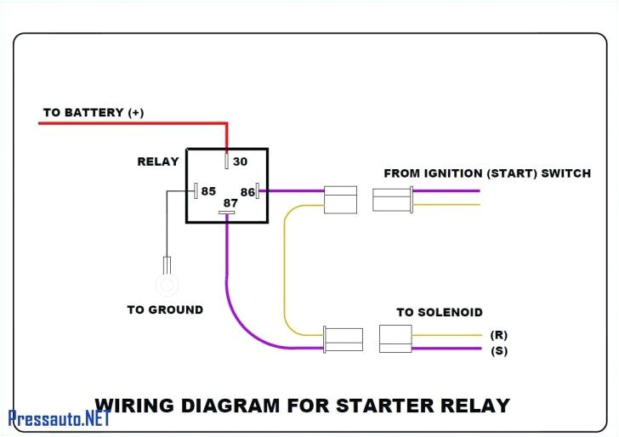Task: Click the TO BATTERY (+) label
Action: coord(94,112)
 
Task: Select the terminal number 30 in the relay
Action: coord(240,162)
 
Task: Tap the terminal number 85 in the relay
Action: coord(208,191)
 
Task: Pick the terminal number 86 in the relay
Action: coord(248,191)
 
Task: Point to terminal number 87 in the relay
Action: coord(230,203)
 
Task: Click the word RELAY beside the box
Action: coord(158,162)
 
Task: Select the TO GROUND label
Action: coord(165,310)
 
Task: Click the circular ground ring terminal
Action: coord(167,283)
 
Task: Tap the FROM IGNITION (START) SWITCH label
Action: coord(487,173)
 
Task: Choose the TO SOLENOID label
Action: coord(440,313)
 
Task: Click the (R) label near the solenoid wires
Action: coord(499,335)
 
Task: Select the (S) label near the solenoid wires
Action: coord(499,350)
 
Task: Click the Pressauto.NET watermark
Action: coord(60,418)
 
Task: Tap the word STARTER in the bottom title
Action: coord(378,406)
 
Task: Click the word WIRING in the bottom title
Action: coord(134,406)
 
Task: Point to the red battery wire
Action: coord(128,123)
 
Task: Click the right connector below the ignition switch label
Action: coord(392,200)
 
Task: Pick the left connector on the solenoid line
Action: coord(343,339)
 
